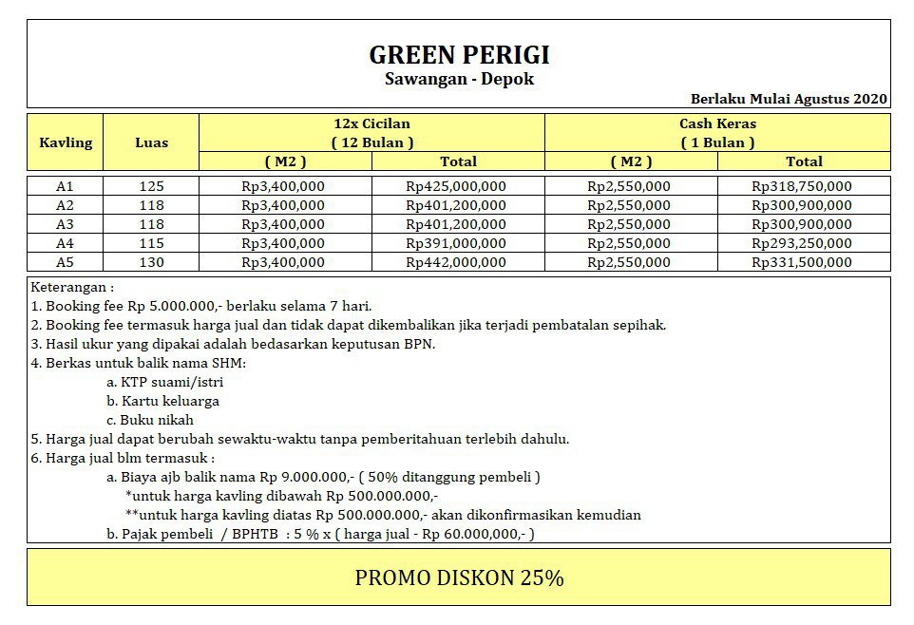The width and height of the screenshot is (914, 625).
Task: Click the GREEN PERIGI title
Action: pos(459,54)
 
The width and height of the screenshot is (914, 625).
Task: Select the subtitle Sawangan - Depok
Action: pos(459,79)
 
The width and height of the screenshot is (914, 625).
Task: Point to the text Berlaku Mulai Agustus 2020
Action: pos(789,98)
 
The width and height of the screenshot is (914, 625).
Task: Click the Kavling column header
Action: pos(66,142)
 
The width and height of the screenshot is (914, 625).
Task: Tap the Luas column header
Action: pos(151,142)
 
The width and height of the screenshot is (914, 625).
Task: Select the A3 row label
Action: pos(66,224)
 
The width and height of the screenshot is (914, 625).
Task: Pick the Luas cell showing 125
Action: pos(151,186)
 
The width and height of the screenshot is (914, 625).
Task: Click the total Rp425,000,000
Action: pos(456,186)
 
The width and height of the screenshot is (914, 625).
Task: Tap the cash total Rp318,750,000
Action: pos(802,186)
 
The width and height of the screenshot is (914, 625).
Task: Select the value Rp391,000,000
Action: pos(456,243)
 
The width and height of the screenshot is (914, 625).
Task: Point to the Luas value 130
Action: pos(151,262)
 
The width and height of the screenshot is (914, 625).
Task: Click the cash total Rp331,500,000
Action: pos(802,262)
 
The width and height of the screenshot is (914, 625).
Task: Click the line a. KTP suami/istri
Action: pos(165,382)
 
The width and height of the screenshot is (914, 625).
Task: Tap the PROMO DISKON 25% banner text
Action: pos(459,578)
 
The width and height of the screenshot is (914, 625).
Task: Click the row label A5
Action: pos(66,262)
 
